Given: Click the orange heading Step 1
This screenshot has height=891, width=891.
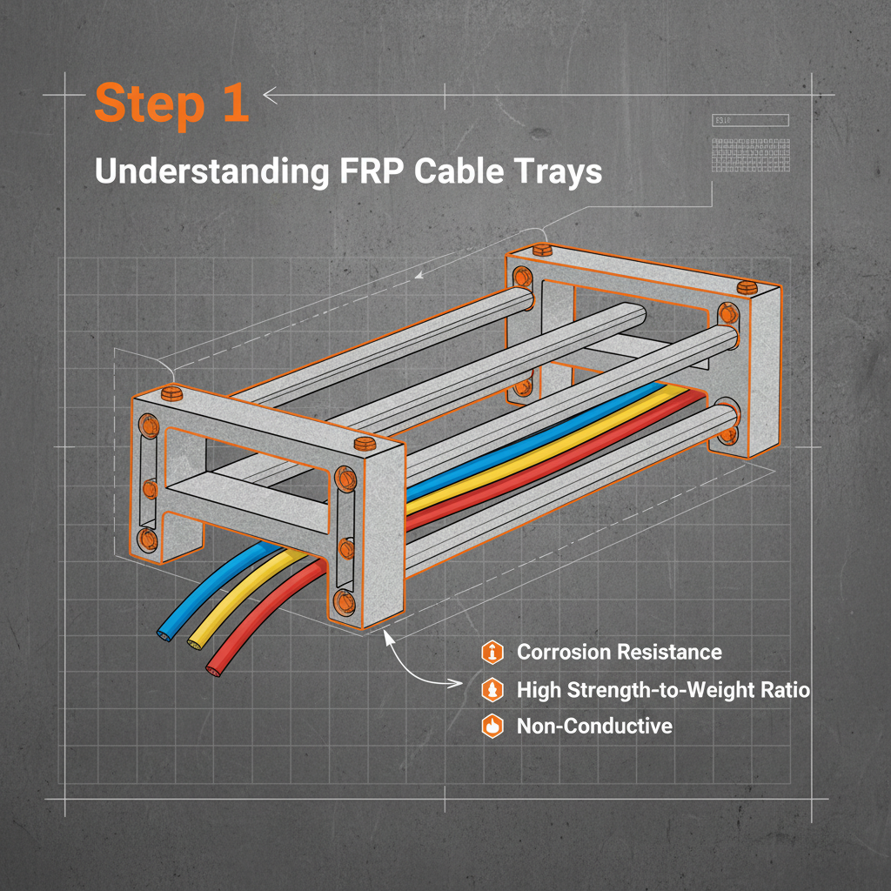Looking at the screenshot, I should (171, 104).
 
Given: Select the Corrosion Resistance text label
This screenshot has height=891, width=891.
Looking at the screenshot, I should (619, 652).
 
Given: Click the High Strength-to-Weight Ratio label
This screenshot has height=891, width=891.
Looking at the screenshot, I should (663, 690).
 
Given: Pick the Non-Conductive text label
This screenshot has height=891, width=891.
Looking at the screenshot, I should (594, 726).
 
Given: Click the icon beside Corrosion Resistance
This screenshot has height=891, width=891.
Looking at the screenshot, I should (492, 652).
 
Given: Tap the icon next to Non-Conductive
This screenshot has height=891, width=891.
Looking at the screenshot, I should (492, 726).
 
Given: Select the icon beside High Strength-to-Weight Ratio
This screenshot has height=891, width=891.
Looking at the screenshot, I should (492, 690).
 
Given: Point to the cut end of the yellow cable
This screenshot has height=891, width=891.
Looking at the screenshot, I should (193, 643).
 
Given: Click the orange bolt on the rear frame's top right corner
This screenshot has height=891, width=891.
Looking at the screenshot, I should (745, 287).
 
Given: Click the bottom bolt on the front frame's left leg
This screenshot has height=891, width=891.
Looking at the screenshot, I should (147, 540).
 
